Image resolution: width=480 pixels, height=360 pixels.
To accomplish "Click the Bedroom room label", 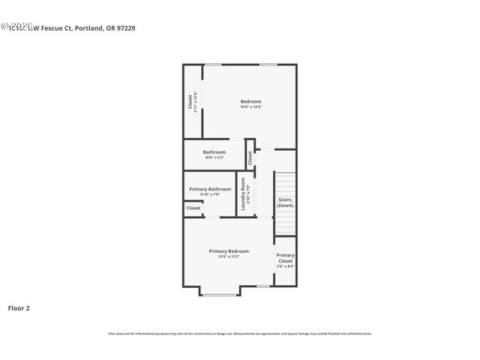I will coord(250,101).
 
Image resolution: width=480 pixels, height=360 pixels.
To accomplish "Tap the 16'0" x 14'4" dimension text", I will coord(250,107).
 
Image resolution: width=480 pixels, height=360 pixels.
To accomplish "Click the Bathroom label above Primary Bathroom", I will coord(214,152).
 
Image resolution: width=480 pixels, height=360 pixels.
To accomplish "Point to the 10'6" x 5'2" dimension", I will coord(214,157).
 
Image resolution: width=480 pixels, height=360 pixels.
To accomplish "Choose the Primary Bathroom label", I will coord(210,189).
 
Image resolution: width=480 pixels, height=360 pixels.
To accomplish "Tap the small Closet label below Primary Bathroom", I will coord(193,208).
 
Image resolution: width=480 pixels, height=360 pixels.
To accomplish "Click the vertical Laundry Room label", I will coord(243,193).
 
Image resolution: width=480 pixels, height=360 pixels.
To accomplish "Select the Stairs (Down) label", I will coord(285,202).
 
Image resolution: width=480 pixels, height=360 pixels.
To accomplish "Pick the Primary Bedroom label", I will coord(229,251).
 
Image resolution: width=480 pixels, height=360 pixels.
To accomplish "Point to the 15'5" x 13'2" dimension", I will coord(229,257).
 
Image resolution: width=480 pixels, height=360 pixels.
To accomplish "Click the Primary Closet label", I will coord(285,258).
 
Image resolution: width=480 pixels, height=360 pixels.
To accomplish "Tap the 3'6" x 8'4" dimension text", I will coord(285,266).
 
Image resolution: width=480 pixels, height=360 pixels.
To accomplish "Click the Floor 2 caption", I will coord(19,307).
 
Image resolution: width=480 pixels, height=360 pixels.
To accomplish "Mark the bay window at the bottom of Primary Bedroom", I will coord(220,295).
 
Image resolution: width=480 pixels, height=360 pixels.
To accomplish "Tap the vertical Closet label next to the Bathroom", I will coord(250,157).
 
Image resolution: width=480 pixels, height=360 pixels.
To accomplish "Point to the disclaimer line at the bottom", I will coord(239,334).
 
